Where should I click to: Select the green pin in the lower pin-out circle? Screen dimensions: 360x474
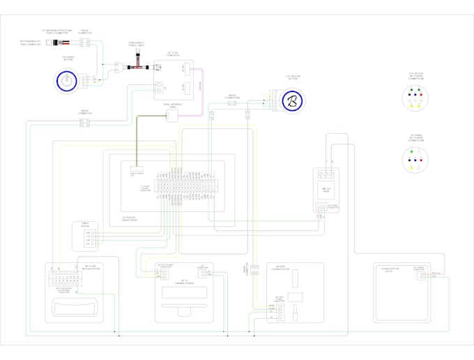point(412,151)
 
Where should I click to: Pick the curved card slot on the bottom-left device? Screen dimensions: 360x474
point(73,305)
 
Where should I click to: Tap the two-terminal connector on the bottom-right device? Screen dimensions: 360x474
point(422,275)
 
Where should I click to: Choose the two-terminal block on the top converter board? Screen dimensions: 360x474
point(159,87)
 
